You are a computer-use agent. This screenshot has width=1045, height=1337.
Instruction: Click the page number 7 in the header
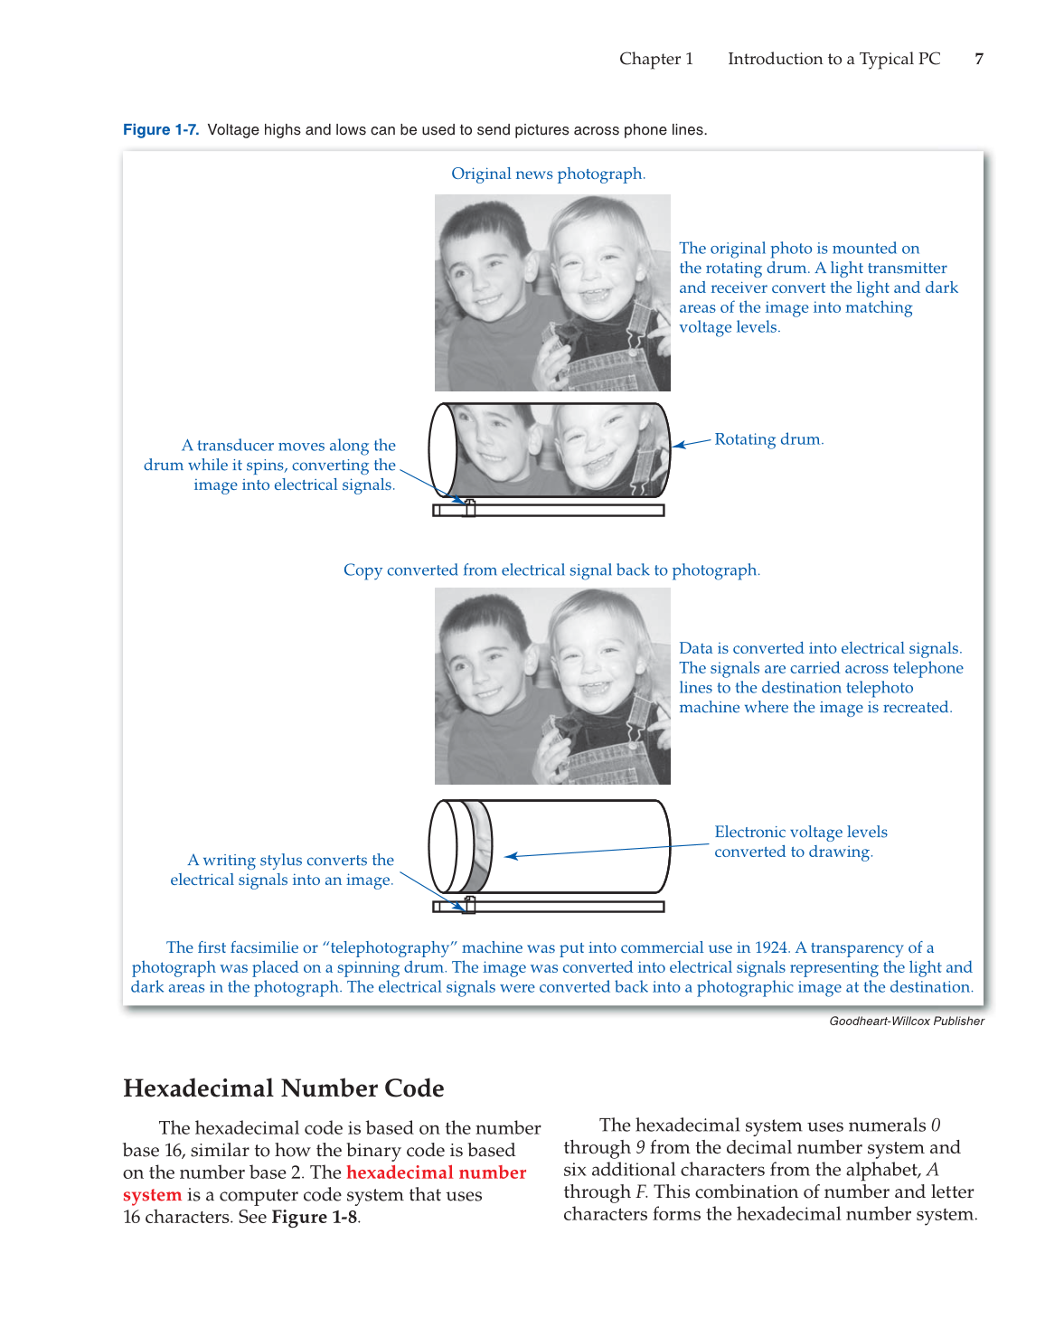point(979,59)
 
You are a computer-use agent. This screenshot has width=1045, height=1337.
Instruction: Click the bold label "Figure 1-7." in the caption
point(161,130)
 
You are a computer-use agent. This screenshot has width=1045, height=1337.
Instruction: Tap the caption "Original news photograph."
point(548,174)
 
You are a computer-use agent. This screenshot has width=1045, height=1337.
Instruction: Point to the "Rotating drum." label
point(768,439)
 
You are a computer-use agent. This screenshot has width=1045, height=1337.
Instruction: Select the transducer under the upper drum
point(469,507)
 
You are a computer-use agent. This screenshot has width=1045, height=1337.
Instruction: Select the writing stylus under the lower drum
point(469,904)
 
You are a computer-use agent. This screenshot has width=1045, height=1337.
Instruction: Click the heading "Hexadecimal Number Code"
point(283,1088)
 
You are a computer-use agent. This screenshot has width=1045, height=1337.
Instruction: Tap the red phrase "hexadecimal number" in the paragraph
point(436,1172)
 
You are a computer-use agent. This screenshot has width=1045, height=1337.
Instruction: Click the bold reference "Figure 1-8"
point(314,1217)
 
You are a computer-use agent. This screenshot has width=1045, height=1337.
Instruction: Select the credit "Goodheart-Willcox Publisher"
point(906,1022)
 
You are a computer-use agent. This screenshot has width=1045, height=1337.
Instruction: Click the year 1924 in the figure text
point(771,947)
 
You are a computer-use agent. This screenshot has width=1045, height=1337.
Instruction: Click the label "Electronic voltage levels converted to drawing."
point(800,842)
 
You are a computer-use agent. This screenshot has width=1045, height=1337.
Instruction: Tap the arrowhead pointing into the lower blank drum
point(511,856)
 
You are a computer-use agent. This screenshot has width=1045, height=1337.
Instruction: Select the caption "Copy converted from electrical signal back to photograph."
point(551,570)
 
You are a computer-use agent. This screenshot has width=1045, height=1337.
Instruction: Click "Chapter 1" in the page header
point(655,59)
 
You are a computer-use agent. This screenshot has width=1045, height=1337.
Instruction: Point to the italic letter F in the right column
point(640,1192)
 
